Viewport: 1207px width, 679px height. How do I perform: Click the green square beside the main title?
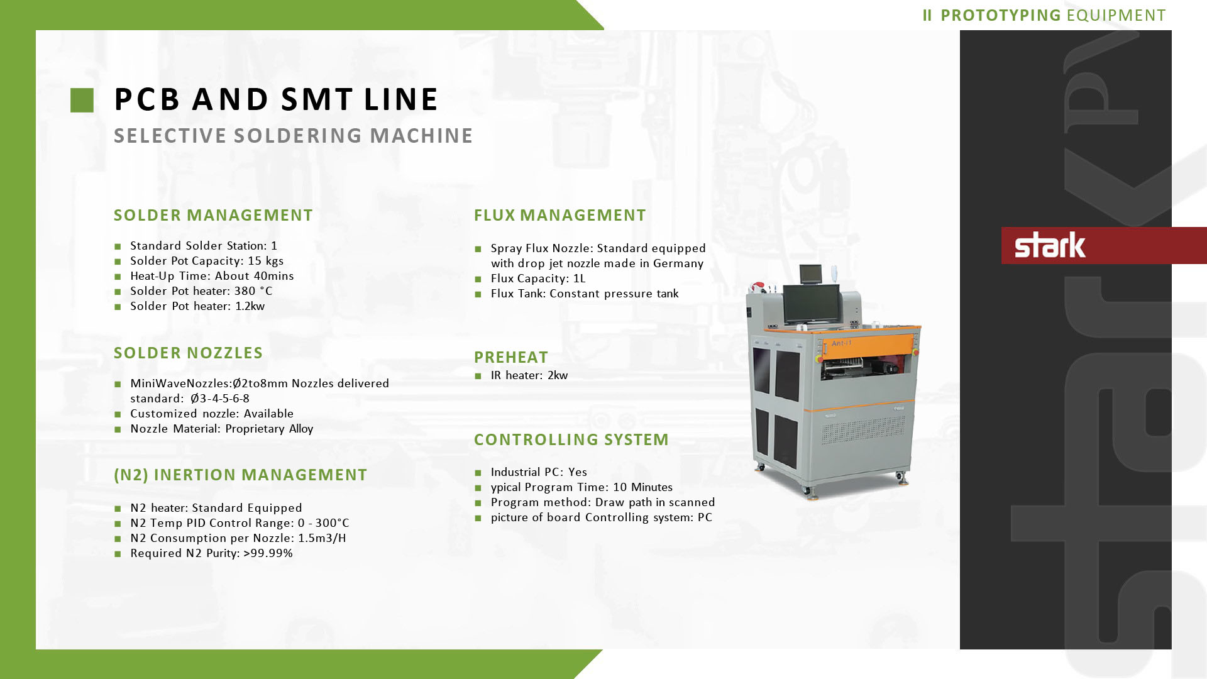coord(82,100)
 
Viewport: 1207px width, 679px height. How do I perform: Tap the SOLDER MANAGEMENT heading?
coord(213,215)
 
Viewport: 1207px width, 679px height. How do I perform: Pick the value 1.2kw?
coord(250,306)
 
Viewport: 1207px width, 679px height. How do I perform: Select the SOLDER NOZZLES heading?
coord(188,353)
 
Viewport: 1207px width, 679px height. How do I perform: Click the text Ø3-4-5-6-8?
coord(220,399)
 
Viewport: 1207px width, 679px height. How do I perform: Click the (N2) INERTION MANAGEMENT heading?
coord(240,475)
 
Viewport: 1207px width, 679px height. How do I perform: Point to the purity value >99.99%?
coord(268,553)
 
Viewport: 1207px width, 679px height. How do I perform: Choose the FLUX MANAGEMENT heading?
coord(559,215)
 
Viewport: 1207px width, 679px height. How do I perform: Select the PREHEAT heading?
coord(511,357)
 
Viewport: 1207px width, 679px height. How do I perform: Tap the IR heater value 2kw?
coord(558,375)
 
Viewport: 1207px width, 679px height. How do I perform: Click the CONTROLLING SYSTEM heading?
coord(571,439)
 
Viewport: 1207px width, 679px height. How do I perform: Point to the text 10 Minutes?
coord(642,487)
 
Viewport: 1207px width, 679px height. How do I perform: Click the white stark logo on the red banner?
coord(1050,245)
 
